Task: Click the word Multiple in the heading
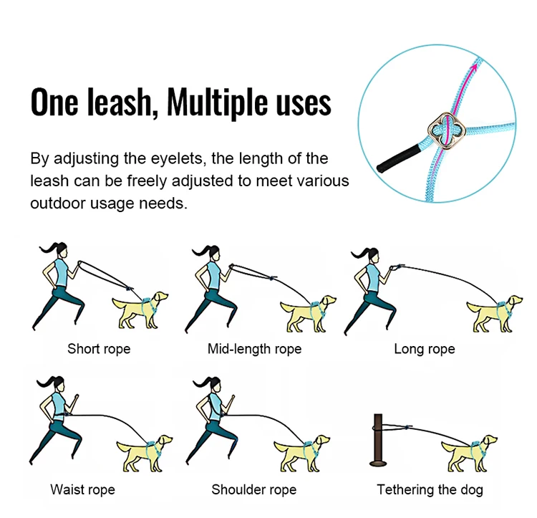tap(217, 102)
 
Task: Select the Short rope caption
tap(99, 349)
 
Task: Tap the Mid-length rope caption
tap(254, 349)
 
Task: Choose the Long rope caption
tap(425, 349)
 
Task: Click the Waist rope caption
tap(82, 489)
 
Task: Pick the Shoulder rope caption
tap(253, 489)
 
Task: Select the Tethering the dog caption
tap(430, 489)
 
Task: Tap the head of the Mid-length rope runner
tap(215, 254)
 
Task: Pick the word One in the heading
tap(54, 102)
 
